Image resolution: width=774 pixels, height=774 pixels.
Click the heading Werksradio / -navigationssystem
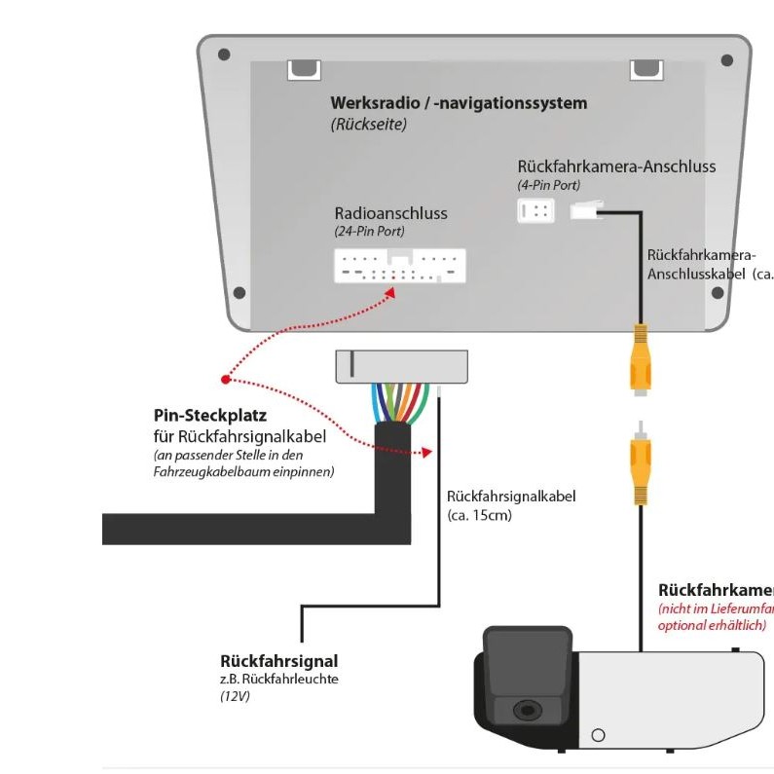[459, 102]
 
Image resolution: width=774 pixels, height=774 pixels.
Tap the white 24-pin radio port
[399, 266]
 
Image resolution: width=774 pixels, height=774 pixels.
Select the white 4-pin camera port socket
[535, 209]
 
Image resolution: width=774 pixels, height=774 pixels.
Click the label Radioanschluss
[390, 213]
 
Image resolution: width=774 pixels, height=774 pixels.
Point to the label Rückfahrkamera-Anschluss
[616, 166]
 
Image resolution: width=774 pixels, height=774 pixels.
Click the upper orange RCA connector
[640, 357]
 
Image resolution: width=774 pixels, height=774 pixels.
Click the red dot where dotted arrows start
[225, 379]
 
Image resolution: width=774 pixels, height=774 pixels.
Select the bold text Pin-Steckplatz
[209, 416]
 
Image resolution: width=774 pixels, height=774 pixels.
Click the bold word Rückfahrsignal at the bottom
[279, 661]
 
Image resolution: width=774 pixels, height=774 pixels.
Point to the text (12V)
[236, 696]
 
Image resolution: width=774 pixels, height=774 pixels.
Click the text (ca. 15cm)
[479, 515]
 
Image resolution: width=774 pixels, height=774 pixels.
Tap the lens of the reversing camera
[528, 710]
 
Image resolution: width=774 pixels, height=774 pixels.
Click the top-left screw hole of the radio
[224, 55]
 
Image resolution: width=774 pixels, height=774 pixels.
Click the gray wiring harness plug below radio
[401, 365]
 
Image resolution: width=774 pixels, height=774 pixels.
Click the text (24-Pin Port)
[369, 232]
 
